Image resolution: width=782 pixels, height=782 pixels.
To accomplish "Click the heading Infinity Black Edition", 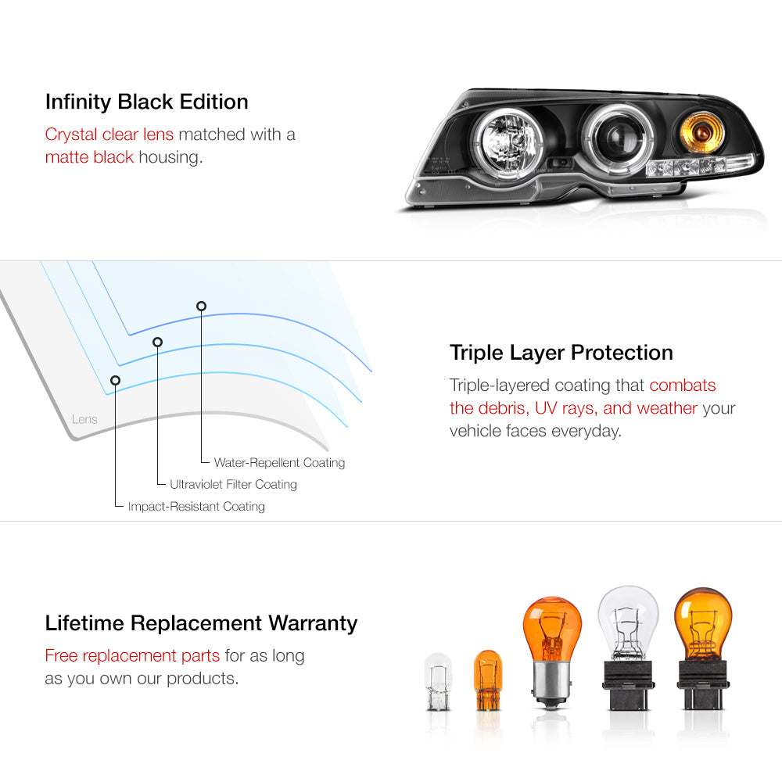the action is coord(147,102).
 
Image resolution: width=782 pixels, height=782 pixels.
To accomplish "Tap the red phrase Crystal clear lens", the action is coord(109,135).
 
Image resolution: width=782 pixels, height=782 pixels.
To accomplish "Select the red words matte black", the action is coord(89,157).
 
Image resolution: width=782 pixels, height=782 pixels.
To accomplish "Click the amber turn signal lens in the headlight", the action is coord(701,132).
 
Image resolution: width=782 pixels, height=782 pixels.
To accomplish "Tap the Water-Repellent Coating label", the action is coord(279,463).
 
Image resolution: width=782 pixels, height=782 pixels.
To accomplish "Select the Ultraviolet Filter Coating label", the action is coord(233,484).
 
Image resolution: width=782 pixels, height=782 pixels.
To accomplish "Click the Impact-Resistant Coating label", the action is coord(196,506).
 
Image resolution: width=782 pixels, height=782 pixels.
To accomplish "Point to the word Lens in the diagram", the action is coord(84,419).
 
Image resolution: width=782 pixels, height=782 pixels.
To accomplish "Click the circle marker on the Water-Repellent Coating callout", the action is coord(201,307).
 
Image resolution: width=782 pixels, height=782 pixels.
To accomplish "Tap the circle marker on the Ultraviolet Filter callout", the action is coord(158,343).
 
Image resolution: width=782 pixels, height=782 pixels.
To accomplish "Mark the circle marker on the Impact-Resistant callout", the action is coord(115,381).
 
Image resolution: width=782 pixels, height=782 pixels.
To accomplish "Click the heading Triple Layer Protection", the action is coord(561,353).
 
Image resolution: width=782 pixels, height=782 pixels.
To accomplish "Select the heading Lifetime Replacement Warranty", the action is coord(201,623).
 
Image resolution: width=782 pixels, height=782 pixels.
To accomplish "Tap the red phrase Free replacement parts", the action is coord(132,655).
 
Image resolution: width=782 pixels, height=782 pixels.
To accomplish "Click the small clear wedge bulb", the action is coord(439,681).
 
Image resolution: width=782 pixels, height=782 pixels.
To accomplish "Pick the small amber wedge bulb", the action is coord(488,680).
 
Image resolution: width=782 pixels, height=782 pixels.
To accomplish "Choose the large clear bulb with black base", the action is coord(628,647).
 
